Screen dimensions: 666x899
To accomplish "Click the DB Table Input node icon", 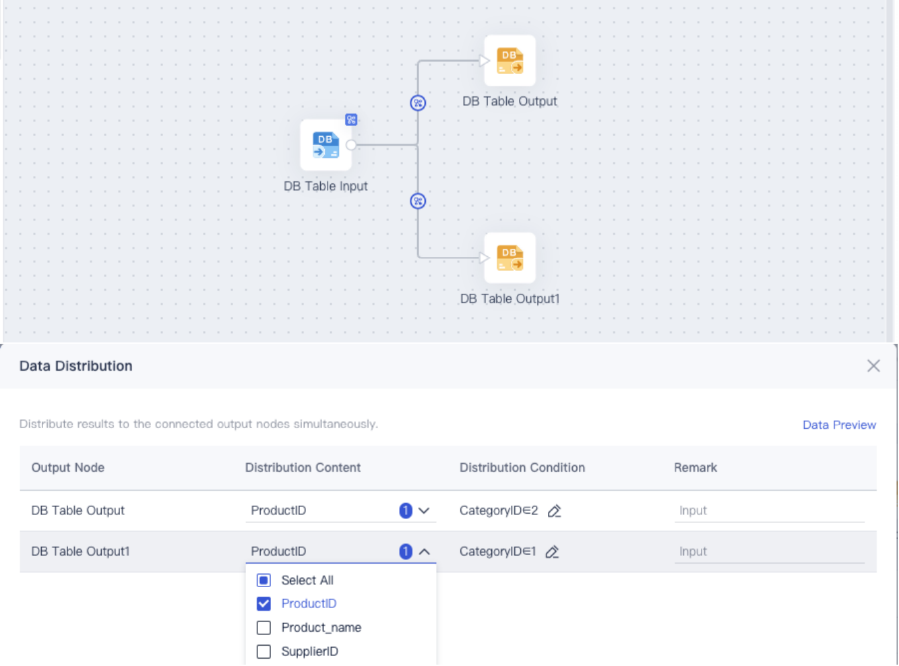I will click(325, 145).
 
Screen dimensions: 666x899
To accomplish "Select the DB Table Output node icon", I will click(509, 61).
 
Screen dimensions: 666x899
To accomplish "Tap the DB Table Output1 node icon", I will click(509, 258).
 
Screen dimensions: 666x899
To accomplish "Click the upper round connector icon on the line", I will click(418, 103).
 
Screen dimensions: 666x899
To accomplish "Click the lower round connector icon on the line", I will click(418, 201).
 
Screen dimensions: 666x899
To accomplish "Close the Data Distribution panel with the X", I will click(873, 365).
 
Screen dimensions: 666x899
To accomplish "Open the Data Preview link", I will click(839, 425).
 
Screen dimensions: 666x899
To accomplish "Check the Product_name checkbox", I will click(264, 628).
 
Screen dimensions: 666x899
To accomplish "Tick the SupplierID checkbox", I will click(264, 651).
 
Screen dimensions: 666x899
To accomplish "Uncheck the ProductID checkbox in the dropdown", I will click(264, 603).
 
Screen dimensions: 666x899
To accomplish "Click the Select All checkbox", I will click(264, 580).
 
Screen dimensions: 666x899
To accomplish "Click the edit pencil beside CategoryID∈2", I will click(555, 511).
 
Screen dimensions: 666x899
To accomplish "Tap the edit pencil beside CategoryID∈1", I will click(552, 551).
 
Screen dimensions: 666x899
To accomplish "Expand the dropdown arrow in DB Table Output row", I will click(424, 511).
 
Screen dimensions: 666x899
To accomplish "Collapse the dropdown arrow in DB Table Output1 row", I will click(424, 551).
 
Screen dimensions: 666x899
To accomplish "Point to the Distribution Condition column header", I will click(522, 467).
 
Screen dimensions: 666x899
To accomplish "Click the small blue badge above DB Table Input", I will click(351, 120).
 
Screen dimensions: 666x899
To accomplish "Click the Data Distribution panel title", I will click(75, 366).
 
